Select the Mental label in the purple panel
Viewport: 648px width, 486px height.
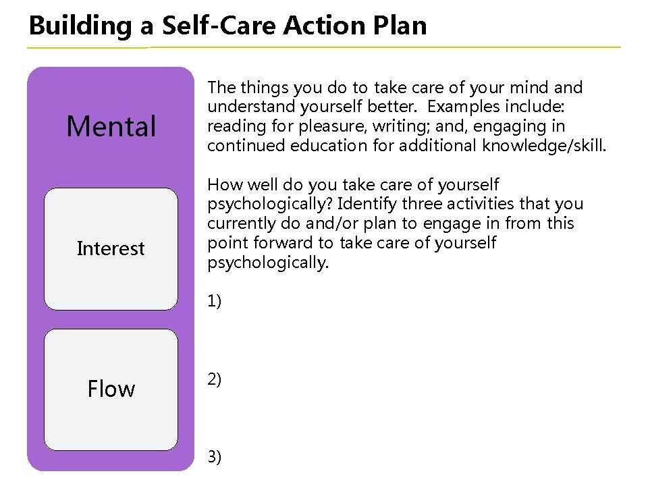(x=111, y=126)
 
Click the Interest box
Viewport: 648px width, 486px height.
(x=111, y=248)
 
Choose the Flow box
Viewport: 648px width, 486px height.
(x=111, y=389)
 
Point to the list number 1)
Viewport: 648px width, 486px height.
(x=215, y=301)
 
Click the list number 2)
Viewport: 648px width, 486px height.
(x=215, y=379)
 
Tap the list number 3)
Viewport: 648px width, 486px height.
(x=215, y=458)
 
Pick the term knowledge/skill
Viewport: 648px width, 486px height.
(x=544, y=146)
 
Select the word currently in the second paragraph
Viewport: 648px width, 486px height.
(x=237, y=223)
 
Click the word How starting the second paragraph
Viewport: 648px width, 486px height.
(x=221, y=184)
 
